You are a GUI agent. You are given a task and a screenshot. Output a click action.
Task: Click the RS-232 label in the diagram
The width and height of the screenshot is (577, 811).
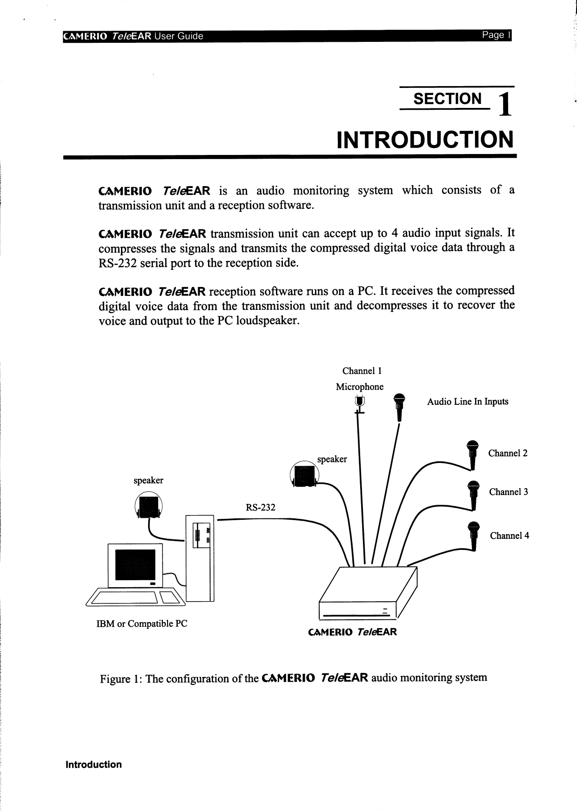coord(261,507)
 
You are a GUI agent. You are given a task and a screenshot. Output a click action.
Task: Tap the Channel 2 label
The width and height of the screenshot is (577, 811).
coord(508,453)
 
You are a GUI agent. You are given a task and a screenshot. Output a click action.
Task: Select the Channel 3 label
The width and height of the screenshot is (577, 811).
coord(508,492)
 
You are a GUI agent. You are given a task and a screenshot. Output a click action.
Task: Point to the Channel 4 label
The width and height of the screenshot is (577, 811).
coord(509,536)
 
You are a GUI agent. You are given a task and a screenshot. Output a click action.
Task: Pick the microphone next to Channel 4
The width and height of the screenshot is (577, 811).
coord(473,535)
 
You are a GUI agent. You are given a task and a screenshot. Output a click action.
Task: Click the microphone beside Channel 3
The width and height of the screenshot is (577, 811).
coord(473,494)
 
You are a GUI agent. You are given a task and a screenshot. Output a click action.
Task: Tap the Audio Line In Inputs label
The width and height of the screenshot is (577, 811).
coord(468,402)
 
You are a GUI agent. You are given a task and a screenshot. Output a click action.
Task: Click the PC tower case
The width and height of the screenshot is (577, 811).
coord(200,558)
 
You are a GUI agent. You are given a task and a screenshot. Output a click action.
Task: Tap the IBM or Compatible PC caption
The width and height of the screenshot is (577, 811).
coord(141,623)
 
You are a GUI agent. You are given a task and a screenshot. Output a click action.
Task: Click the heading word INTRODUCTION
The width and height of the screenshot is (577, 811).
coord(425,140)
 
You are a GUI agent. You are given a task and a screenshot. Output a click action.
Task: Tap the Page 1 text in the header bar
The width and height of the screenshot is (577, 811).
coord(496,35)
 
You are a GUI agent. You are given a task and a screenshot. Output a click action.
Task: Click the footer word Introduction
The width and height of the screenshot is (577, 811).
coord(94,764)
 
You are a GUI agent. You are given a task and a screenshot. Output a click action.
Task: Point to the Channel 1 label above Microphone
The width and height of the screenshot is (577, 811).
coord(362,371)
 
